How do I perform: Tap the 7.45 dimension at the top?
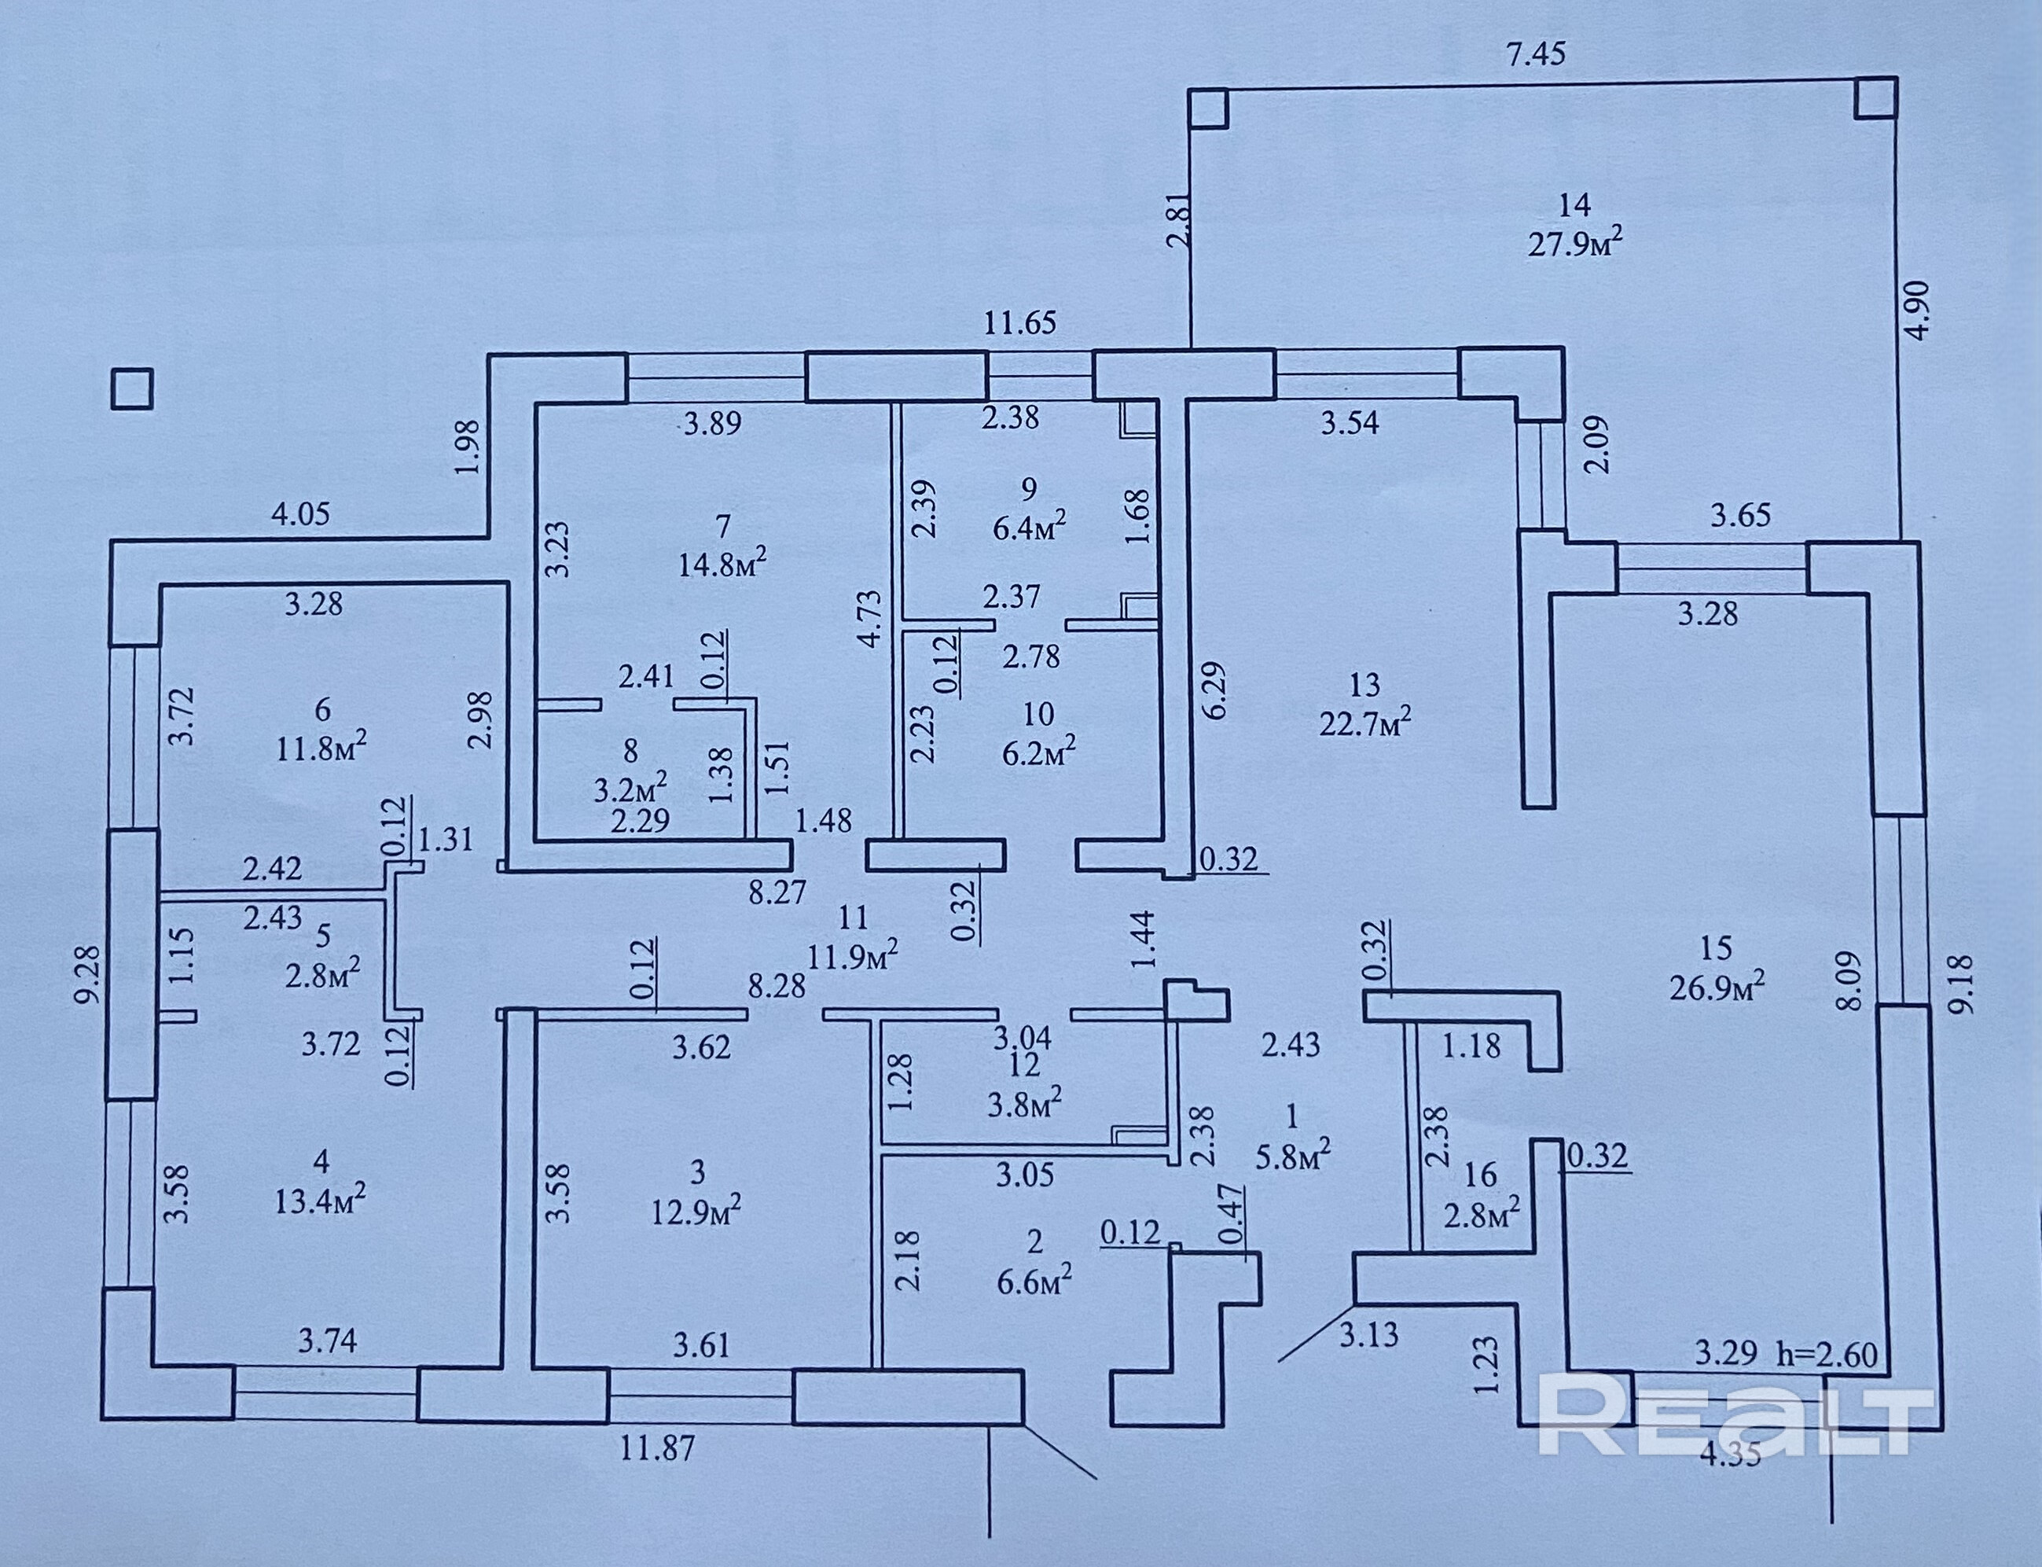point(1537,55)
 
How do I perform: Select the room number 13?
point(1364,686)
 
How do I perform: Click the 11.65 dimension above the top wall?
point(1021,324)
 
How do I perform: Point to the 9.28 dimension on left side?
point(88,976)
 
